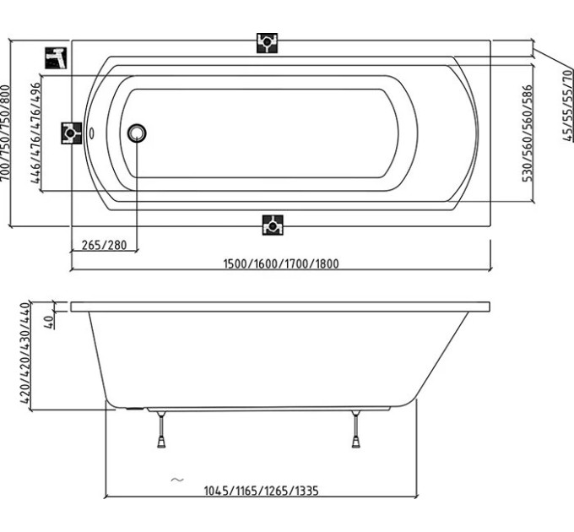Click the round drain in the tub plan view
tap(137, 133)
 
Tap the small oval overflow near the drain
tap(92, 133)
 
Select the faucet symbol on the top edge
tap(267, 43)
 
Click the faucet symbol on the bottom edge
tap(273, 225)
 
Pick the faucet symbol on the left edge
tap(72, 133)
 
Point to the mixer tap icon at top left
tap(56, 58)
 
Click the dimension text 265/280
tap(105, 245)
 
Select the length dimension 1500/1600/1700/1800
tap(281, 263)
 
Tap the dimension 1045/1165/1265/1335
tap(261, 491)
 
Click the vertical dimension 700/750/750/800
tap(5, 133)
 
